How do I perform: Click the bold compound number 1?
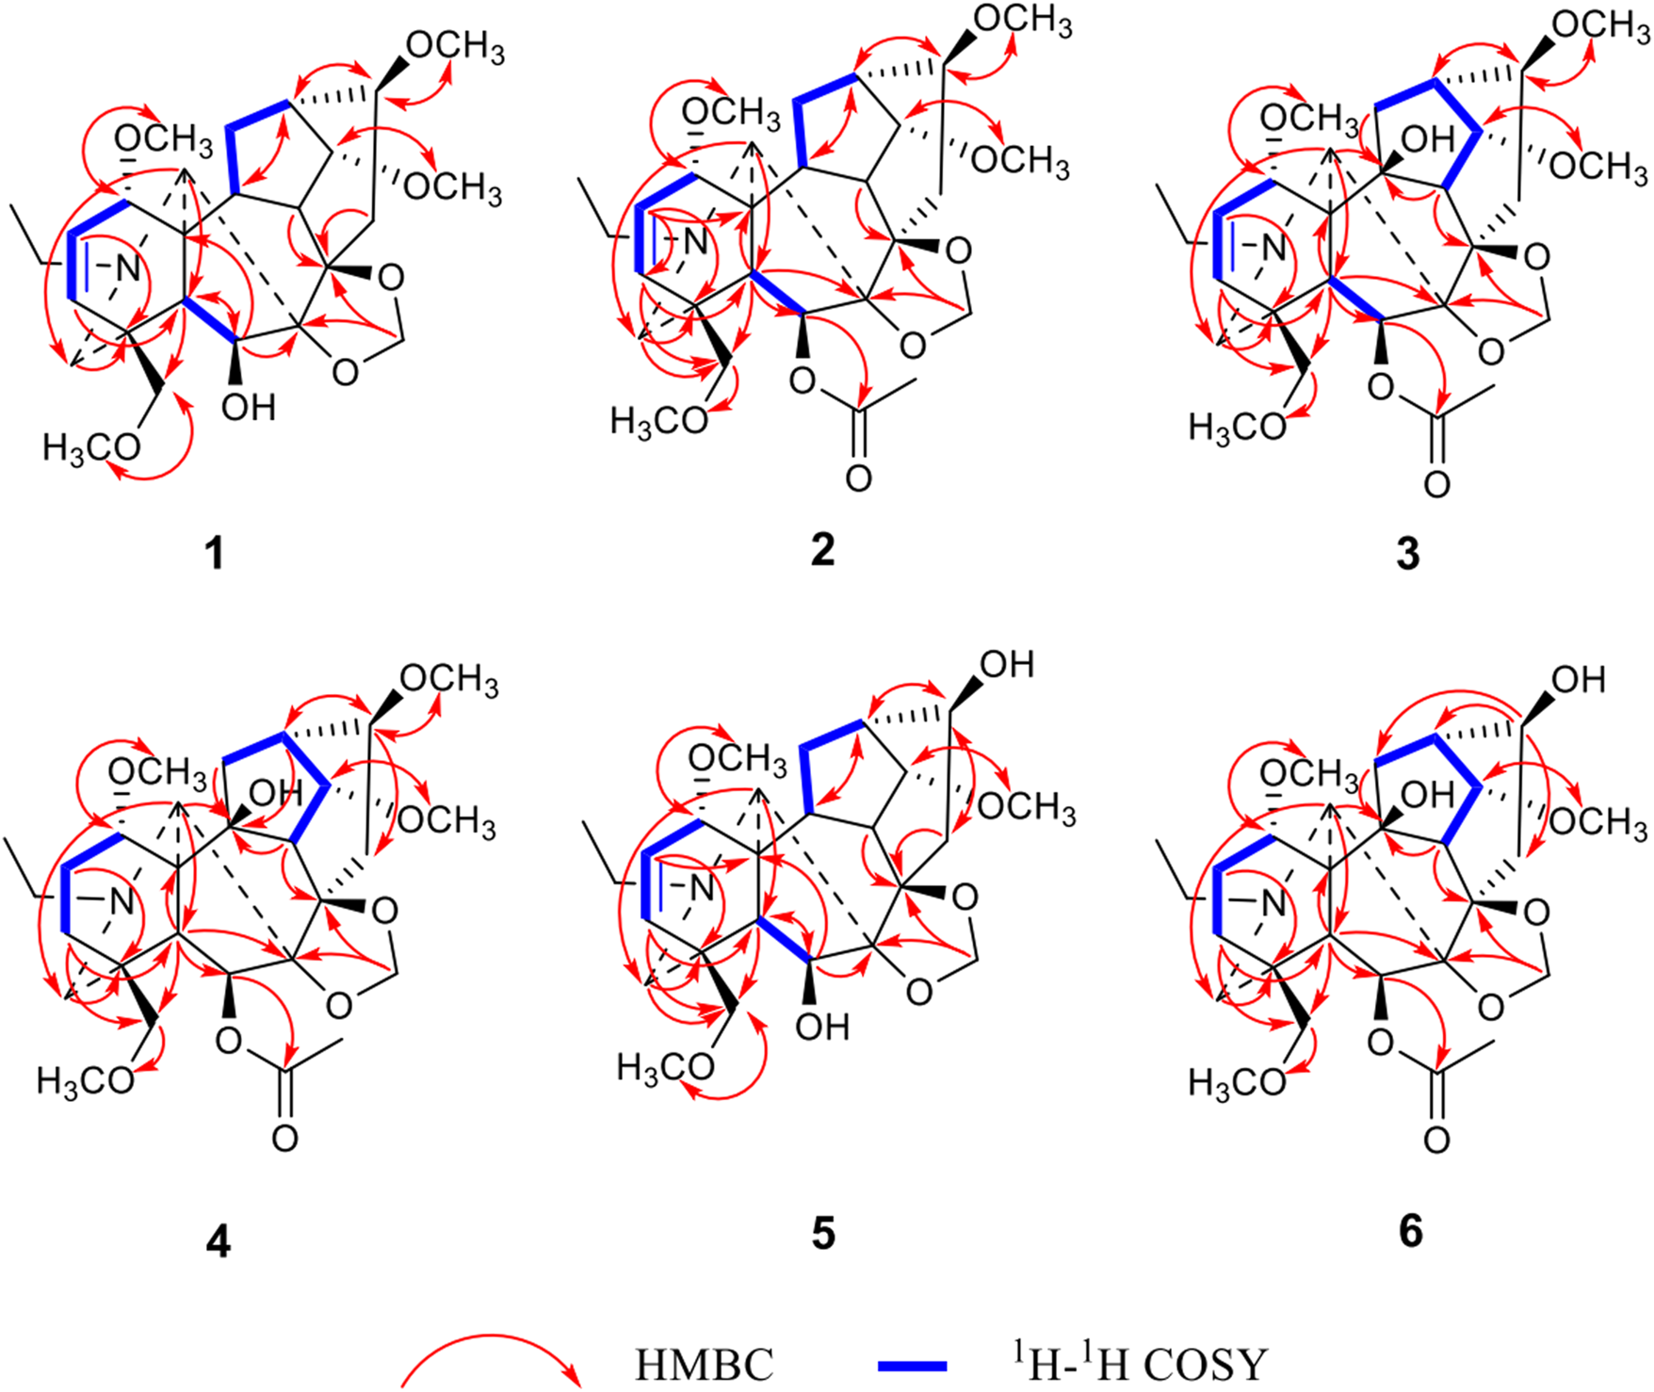click(215, 553)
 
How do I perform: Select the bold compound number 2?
click(822, 549)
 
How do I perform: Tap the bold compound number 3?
click(1407, 553)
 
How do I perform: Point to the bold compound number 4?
click(218, 1243)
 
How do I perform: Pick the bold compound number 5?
click(823, 1233)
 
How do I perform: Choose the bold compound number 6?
click(1410, 1231)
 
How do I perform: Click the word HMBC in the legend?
click(704, 1364)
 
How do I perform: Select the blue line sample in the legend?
click(912, 1363)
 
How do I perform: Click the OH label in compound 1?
click(249, 407)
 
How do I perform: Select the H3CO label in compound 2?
click(658, 420)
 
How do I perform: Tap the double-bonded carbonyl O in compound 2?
click(857, 478)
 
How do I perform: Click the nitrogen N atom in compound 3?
click(1273, 248)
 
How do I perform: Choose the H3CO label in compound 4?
click(86, 1080)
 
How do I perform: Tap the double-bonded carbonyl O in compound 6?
click(1435, 1141)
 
